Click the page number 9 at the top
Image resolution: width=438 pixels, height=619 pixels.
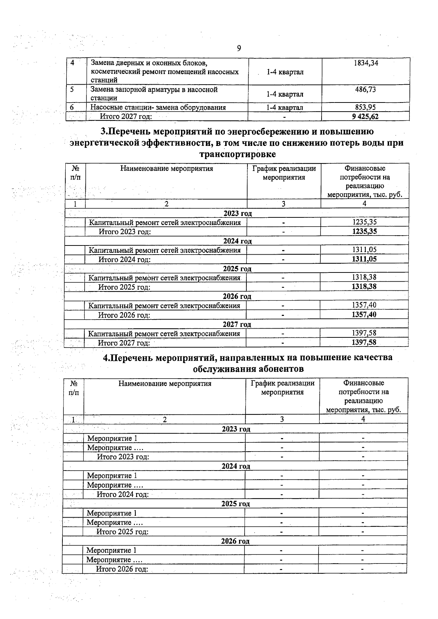tap(239, 48)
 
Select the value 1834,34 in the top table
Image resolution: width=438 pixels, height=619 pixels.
tap(366, 63)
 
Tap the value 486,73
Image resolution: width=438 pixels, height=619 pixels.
tap(365, 90)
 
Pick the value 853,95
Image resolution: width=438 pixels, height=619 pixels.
tap(365, 107)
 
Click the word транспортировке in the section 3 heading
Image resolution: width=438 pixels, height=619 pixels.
tap(237, 154)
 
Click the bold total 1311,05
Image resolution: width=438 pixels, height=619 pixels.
tap(364, 259)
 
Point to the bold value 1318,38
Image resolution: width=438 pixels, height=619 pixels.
tap(364, 287)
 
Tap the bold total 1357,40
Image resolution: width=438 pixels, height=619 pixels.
tap(364, 314)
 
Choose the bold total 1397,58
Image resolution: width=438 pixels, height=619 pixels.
tap(364, 343)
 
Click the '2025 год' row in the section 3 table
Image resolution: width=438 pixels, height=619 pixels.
tap(237, 269)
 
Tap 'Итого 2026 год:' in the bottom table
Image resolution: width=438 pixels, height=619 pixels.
tap(122, 569)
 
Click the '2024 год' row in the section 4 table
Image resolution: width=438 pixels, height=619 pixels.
tap(236, 466)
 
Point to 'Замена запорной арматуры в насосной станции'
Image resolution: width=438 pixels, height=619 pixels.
tap(154, 94)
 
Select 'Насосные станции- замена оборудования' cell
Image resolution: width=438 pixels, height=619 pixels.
tap(158, 108)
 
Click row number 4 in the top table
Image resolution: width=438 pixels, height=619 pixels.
tap(72, 63)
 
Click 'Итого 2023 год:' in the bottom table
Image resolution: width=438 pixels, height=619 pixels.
tap(123, 457)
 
